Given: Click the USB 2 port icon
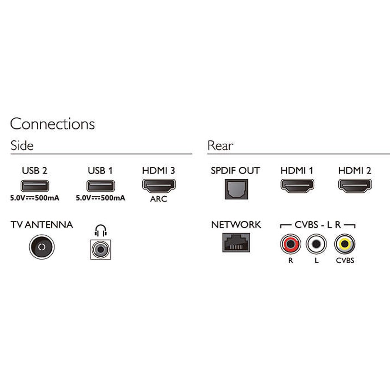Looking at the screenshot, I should tap(35, 186).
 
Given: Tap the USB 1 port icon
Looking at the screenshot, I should tap(100, 186).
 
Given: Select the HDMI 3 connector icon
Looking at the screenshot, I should tap(159, 185).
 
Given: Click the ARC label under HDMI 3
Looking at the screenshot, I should tap(159, 199).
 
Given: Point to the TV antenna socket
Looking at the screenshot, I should tap(42, 247).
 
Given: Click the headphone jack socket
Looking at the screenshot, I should tap(100, 250).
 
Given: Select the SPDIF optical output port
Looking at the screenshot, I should tap(236, 189).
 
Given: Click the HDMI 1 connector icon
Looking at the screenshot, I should tap(297, 185).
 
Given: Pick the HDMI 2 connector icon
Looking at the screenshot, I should tap(355, 185).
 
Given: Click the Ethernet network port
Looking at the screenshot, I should tap(236, 242).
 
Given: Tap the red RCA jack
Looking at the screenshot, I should tap(291, 244).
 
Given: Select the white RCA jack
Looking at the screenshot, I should tap(316, 244).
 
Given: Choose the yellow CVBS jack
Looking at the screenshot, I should tap(345, 244).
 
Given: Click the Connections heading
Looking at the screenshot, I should tap(52, 124).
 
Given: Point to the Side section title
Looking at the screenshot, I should tap(22, 145).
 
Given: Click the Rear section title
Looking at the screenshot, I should tap(220, 145).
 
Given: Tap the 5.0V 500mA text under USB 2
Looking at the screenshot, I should tap(35, 198).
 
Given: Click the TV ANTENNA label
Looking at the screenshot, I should tap(42, 225).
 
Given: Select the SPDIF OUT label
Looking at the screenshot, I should tap(235, 171).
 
